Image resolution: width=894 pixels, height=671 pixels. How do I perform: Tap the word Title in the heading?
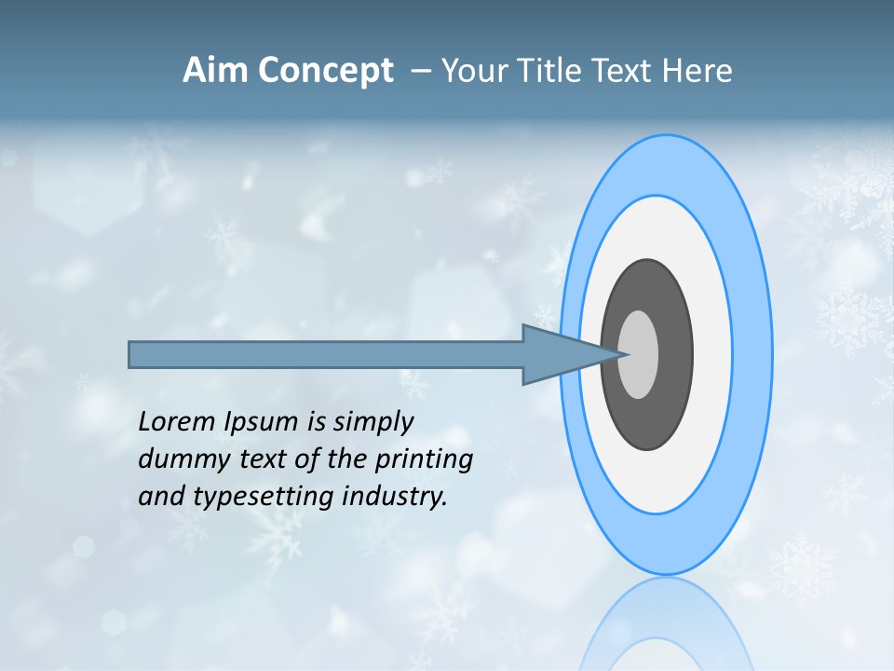point(559,71)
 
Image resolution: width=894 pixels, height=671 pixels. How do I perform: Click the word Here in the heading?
point(698,71)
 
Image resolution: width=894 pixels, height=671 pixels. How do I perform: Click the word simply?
point(372,422)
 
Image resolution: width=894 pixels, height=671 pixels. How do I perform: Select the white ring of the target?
point(712,354)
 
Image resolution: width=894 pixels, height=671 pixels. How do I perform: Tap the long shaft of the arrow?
point(326,355)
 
